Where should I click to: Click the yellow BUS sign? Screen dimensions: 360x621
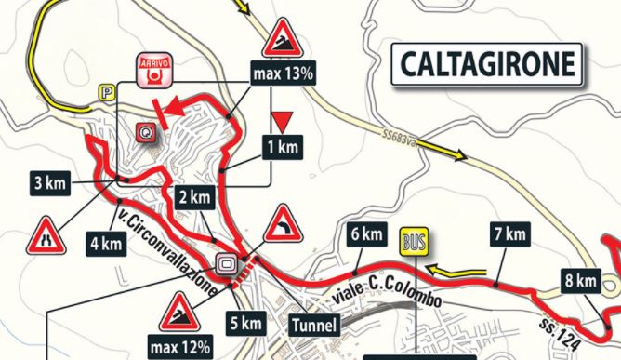click(x=413, y=242)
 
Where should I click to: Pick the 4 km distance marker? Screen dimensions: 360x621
click(x=107, y=246)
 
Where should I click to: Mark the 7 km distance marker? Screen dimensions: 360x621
click(x=508, y=233)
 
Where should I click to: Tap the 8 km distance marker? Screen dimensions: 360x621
click(x=579, y=280)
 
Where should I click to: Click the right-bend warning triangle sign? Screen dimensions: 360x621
click(x=283, y=226)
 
